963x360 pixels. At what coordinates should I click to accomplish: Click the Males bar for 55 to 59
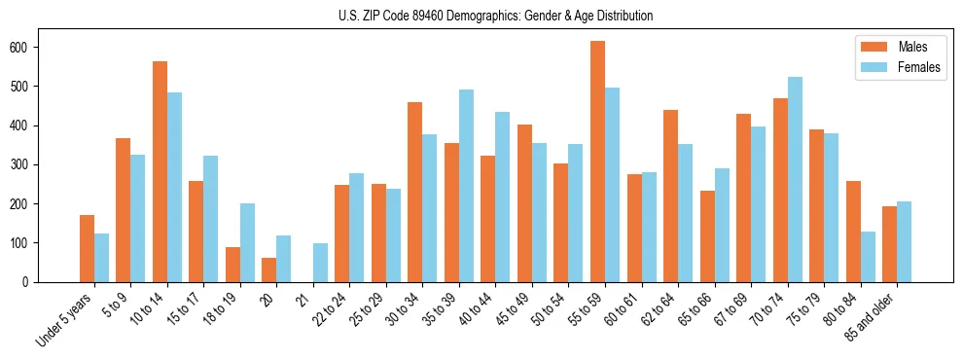tap(597, 162)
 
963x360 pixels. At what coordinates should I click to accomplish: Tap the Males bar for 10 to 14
tap(160, 171)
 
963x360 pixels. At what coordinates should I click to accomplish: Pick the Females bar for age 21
tap(320, 263)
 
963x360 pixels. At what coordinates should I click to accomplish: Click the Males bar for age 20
tap(268, 270)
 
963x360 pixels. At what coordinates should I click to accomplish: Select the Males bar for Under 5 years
tap(87, 248)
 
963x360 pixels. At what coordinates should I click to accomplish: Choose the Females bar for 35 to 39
tap(466, 186)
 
